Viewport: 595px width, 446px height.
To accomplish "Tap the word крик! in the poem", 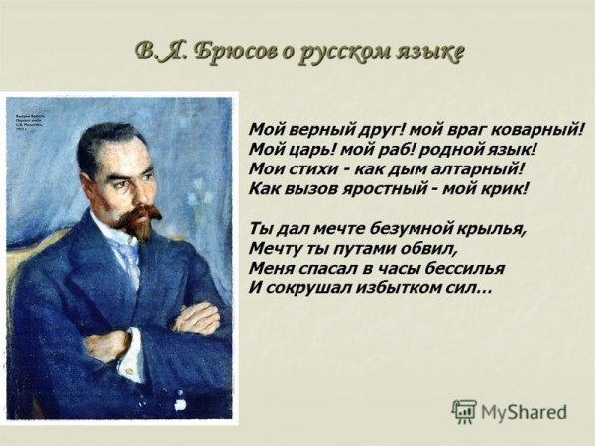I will pyautogui.click(x=502, y=186).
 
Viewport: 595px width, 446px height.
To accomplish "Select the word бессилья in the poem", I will pyautogui.click(x=464, y=267).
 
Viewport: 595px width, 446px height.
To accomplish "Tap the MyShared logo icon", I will pyautogui.click(x=464, y=411).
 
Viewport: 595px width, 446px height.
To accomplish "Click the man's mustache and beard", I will pyautogui.click(x=138, y=220).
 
